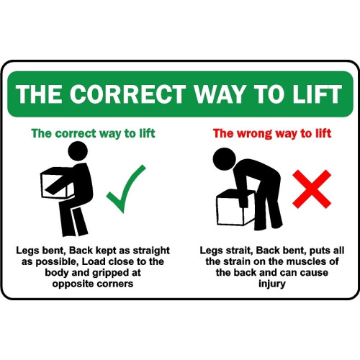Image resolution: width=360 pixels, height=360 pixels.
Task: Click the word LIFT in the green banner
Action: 317,94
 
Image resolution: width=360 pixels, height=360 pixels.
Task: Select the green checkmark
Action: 126,188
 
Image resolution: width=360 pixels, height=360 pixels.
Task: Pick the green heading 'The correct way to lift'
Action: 93,133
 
